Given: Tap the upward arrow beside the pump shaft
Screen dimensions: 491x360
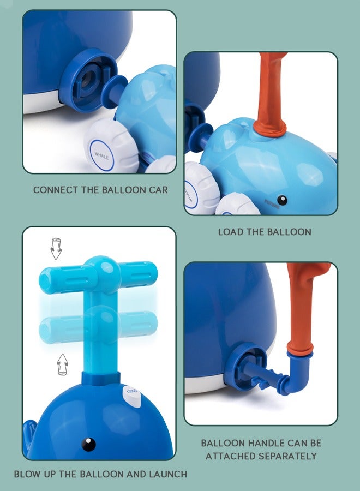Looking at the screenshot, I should [x=63, y=364].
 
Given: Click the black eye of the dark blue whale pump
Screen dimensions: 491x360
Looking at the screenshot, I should [x=88, y=444].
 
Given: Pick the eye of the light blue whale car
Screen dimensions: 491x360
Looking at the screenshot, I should [x=282, y=200].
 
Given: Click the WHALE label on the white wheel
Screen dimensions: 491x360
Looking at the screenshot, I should [x=101, y=156].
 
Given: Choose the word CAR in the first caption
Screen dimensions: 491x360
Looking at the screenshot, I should [x=158, y=190].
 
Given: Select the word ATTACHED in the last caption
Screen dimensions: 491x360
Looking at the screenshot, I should [x=230, y=456].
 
